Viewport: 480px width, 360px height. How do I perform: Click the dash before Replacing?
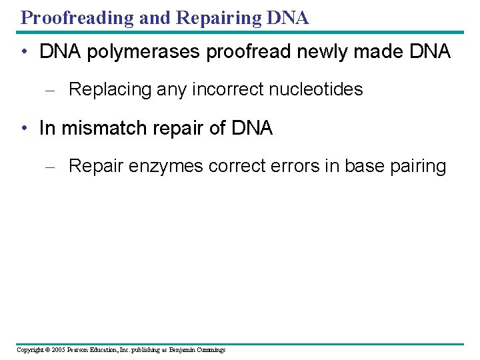click(49, 90)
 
